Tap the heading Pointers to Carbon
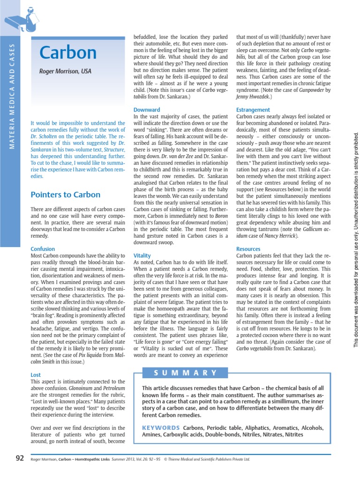[x=65, y=194]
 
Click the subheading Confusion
[x=43, y=248]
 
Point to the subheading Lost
[x=36, y=375]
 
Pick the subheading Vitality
[x=142, y=255]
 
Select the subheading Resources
[x=248, y=249]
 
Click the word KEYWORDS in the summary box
[x=161, y=428]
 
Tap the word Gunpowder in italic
[x=318, y=90]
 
